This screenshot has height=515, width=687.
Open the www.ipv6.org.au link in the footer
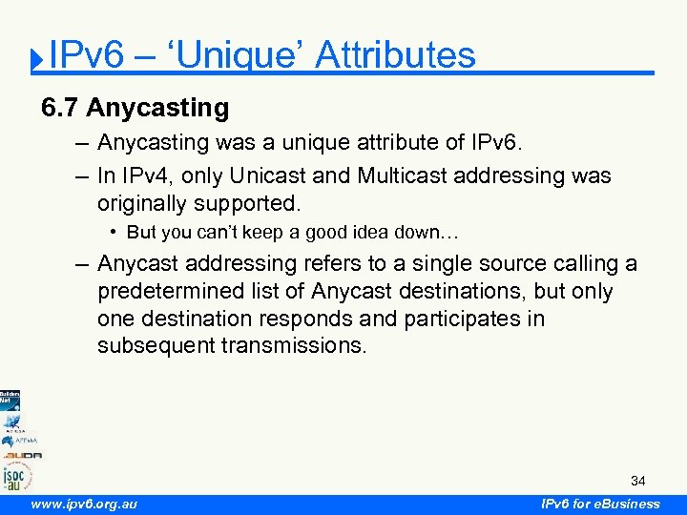pyautogui.click(x=83, y=505)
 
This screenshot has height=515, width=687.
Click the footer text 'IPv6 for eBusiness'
pyautogui.click(x=600, y=505)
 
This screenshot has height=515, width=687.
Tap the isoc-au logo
pyautogui.click(x=15, y=474)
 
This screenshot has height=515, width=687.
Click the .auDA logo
pyautogui.click(x=19, y=455)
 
